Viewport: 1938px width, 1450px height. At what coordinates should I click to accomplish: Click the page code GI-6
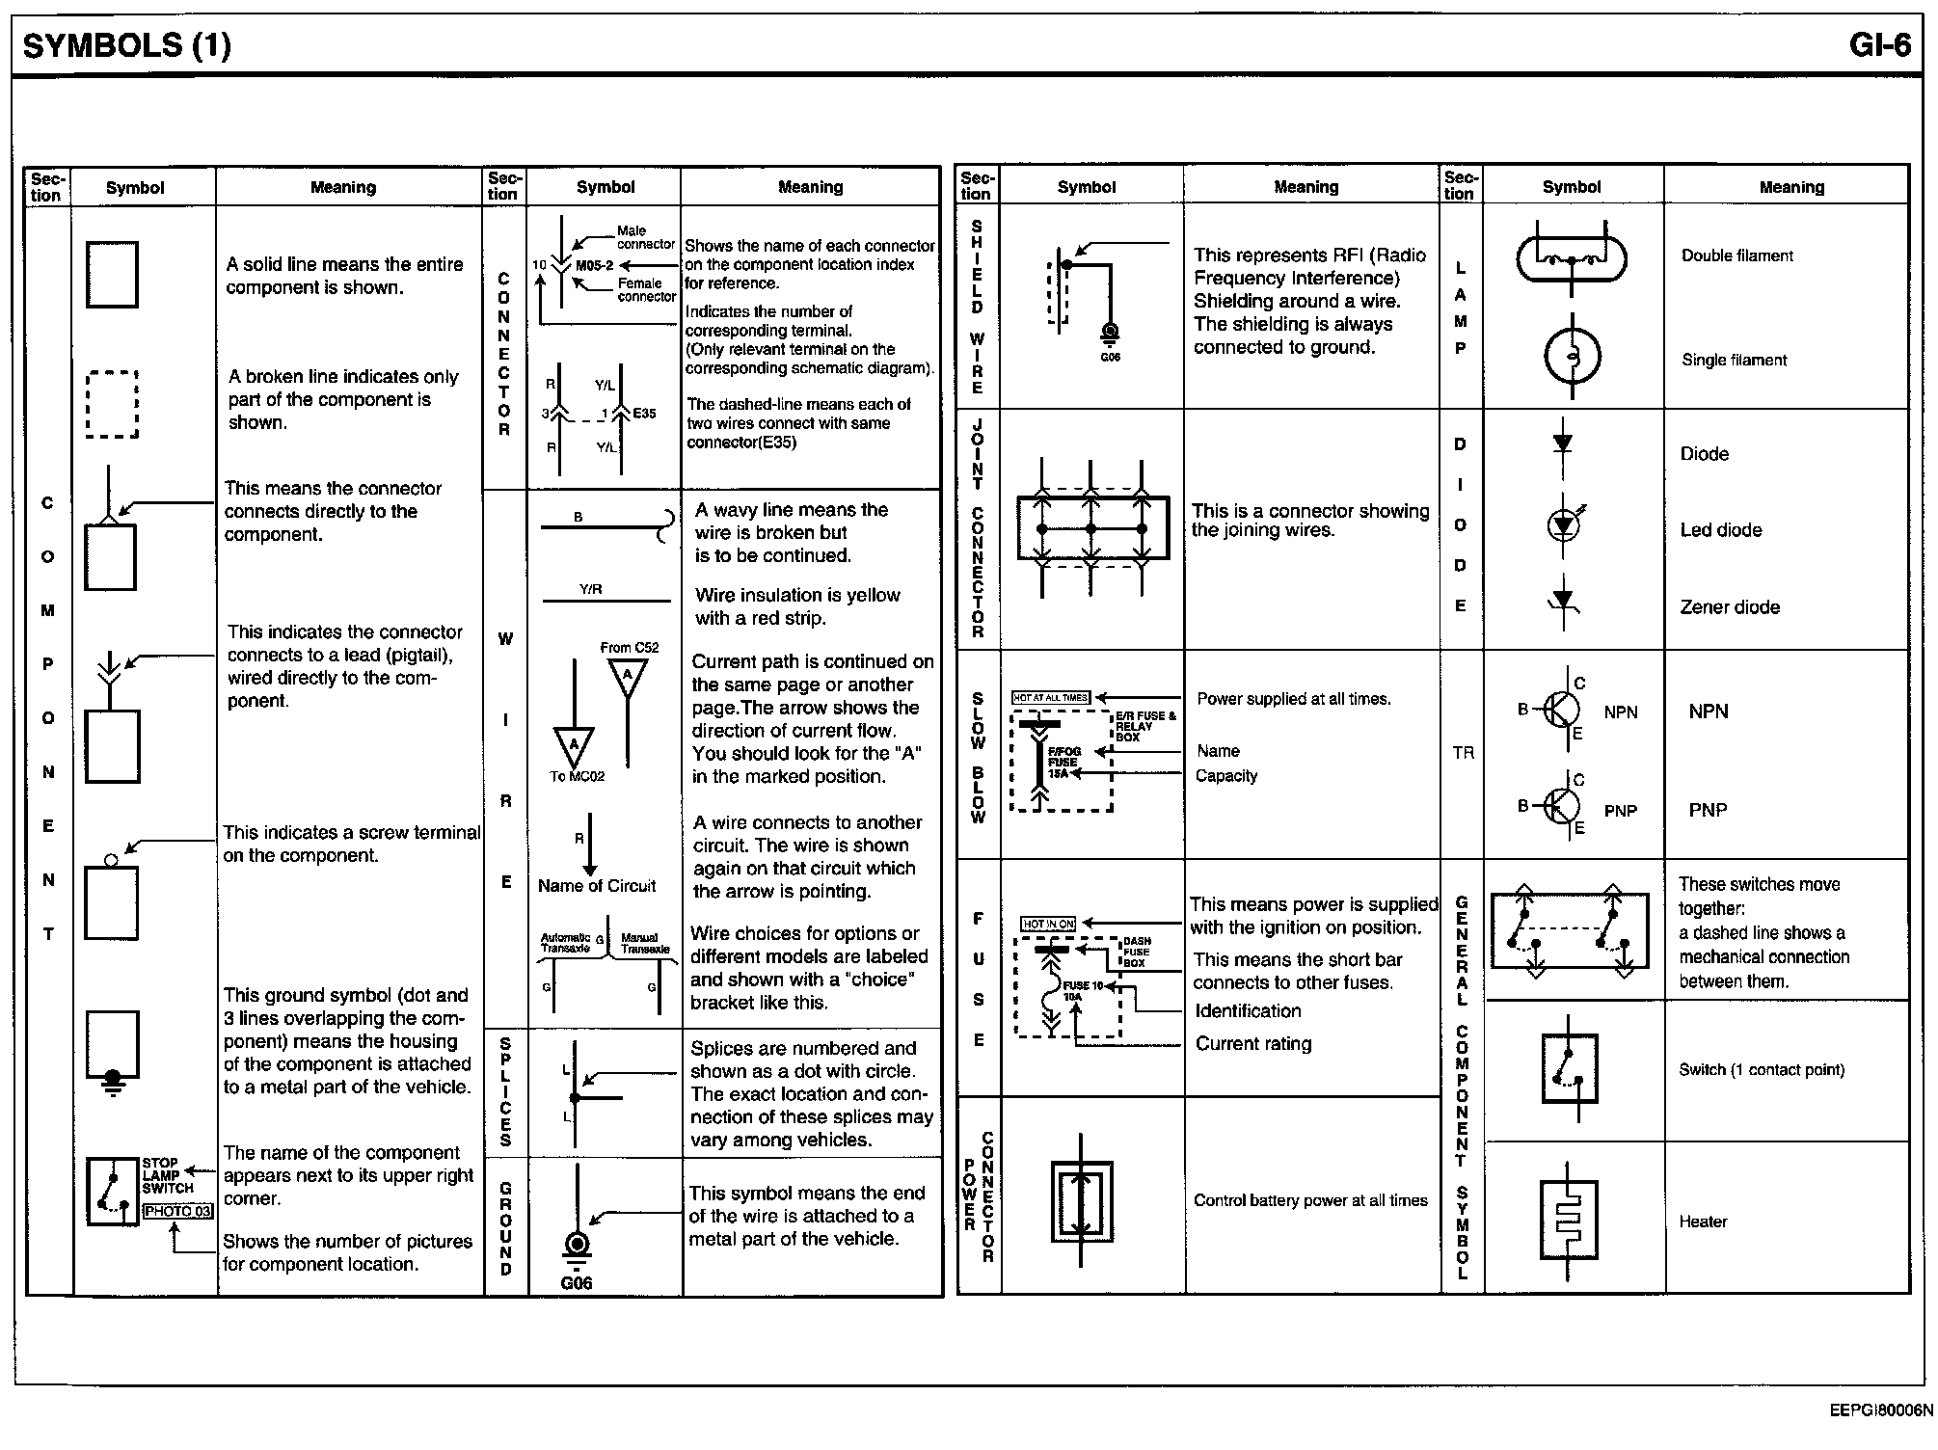click(x=1879, y=45)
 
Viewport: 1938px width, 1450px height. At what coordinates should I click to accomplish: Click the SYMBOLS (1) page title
click(x=126, y=45)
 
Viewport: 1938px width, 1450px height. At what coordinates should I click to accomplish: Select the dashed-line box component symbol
click(x=112, y=405)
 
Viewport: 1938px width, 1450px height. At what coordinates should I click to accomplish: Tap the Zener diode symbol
click(x=1563, y=604)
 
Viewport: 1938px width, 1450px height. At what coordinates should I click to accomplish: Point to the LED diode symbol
click(x=1563, y=525)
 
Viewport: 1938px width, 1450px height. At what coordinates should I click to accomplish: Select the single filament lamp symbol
click(x=1572, y=357)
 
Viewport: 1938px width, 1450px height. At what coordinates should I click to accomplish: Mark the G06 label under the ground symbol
click(x=576, y=1283)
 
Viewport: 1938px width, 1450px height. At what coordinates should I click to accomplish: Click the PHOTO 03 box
click(x=176, y=1211)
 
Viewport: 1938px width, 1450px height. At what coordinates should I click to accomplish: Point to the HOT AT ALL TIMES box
click(x=1050, y=697)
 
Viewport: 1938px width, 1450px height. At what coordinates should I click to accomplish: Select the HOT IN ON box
click(x=1048, y=924)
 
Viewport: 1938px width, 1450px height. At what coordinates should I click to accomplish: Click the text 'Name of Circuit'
click(x=597, y=886)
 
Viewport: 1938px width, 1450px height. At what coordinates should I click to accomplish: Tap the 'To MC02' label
click(x=577, y=776)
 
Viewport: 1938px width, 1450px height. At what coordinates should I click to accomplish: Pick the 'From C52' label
click(x=629, y=648)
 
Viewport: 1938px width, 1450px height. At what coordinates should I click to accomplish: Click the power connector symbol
click(x=1081, y=1201)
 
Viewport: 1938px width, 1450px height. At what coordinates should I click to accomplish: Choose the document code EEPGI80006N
click(x=1880, y=1410)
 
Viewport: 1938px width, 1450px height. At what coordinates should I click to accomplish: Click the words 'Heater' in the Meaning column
click(x=1703, y=1222)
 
